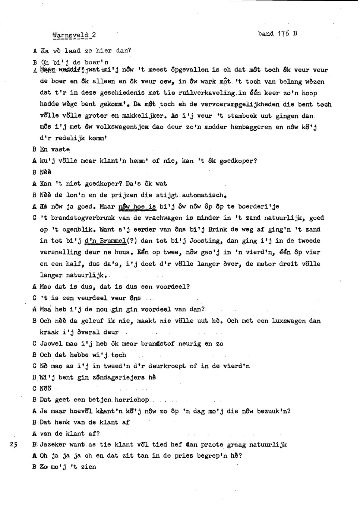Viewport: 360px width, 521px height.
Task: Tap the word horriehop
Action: coord(132,400)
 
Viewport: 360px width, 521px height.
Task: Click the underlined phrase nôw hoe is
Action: coord(137,206)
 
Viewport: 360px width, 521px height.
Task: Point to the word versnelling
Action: coord(61,252)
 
